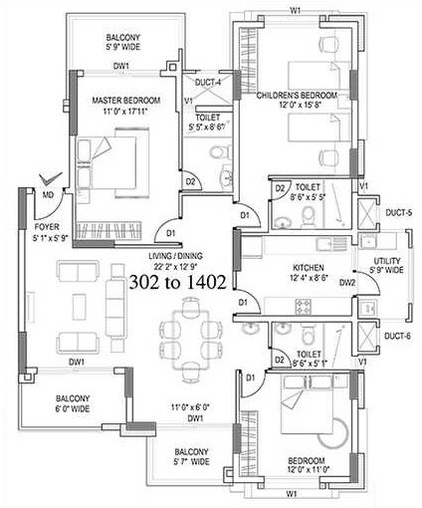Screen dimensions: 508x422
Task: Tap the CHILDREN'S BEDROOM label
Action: (x=297, y=96)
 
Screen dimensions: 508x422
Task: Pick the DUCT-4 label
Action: (x=208, y=82)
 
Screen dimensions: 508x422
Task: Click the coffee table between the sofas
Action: (x=77, y=306)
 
